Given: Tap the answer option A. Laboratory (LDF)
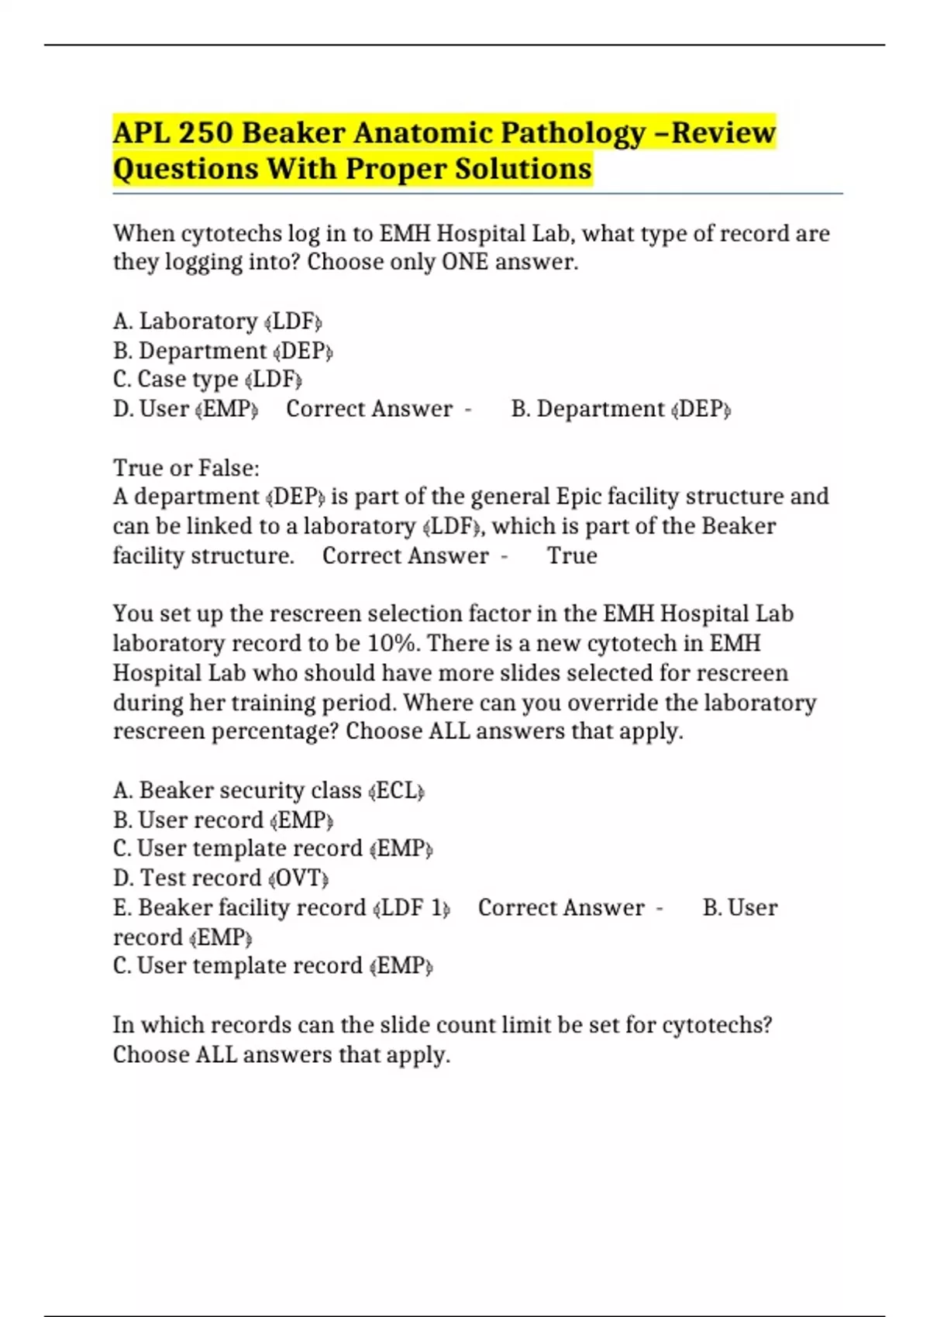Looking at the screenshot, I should pyautogui.click(x=217, y=322).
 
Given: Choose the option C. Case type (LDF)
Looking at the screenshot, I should pyautogui.click(x=207, y=380).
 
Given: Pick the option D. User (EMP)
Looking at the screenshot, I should pyautogui.click(x=185, y=409).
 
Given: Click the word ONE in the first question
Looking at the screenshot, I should pyautogui.click(x=465, y=263).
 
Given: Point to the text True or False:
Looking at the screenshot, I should pyautogui.click(x=186, y=468).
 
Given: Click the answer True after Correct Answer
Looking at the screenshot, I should pyautogui.click(x=572, y=556).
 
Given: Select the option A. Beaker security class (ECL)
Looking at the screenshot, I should pyautogui.click(x=268, y=791).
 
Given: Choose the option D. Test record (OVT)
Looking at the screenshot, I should pyautogui.click(x=221, y=879).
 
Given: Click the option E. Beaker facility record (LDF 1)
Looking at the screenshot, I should pyautogui.click(x=281, y=908).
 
